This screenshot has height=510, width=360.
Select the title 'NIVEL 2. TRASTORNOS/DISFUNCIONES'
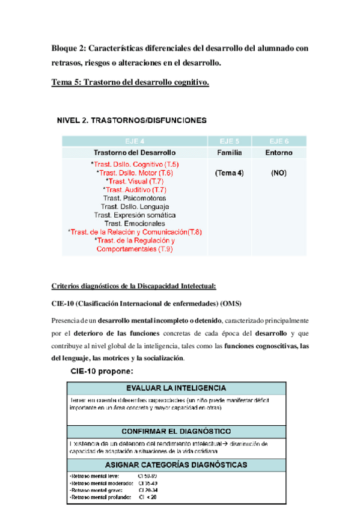coord(132,120)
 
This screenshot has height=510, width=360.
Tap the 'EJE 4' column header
coord(134,141)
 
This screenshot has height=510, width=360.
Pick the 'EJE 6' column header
coord(278,141)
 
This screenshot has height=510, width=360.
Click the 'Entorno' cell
coord(278,153)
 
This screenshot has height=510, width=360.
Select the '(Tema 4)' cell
coord(228,173)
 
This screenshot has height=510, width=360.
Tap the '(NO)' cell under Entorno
coord(278,173)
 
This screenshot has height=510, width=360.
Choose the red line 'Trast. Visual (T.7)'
coord(134,181)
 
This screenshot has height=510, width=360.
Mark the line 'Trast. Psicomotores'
coord(135,198)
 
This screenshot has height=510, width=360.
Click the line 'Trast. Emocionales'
coord(135,223)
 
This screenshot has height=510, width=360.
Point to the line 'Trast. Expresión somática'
coord(135,215)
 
